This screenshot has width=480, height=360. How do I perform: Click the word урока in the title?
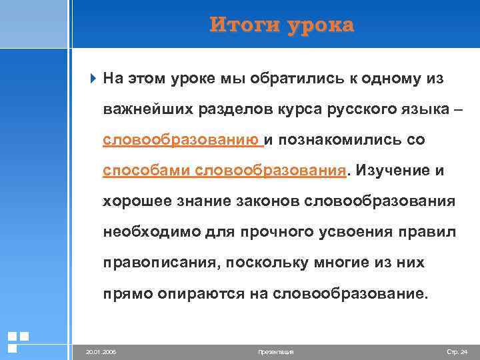319,25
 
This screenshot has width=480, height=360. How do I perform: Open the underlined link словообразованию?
181,140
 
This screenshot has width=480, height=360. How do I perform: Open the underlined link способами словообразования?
225,171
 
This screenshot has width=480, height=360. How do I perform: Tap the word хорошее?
135,201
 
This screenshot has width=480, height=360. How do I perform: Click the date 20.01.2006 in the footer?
101,351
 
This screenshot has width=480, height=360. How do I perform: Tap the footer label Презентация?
275,351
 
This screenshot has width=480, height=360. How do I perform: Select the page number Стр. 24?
456,351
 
